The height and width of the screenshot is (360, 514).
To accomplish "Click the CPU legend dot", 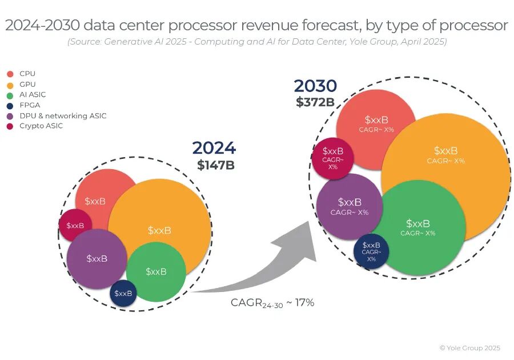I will [x=10, y=74].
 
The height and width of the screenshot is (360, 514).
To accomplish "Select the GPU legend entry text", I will [x=27, y=84].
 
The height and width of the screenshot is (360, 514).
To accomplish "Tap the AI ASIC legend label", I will [x=33, y=94].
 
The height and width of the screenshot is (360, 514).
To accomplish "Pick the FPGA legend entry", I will [x=30, y=105].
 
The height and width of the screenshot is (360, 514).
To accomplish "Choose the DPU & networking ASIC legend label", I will [x=63, y=115].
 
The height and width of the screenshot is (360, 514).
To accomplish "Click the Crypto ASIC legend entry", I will [x=41, y=126].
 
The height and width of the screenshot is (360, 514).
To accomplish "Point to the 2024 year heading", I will [x=214, y=148].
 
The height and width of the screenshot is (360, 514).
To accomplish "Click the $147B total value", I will [x=216, y=165].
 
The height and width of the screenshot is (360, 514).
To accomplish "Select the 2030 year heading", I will [x=315, y=86].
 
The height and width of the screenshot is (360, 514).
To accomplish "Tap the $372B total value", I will [x=315, y=102].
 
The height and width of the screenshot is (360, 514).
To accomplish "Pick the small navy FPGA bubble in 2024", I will [x=123, y=293].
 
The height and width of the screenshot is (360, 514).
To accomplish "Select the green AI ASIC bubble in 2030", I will [x=418, y=227].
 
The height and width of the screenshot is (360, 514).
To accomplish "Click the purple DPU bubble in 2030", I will [x=350, y=206].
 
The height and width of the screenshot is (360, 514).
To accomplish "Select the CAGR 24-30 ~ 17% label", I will [x=272, y=303].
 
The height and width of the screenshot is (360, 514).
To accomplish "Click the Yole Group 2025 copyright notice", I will [x=469, y=348].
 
